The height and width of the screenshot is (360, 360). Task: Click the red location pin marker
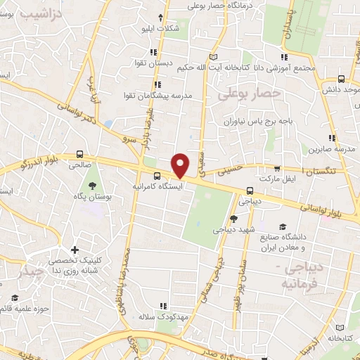(x=181, y=165)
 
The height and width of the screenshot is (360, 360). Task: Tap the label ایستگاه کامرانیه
(x=159, y=188)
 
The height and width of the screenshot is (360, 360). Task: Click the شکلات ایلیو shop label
(x=161, y=29)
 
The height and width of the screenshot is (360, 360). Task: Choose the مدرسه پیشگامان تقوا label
(x=158, y=95)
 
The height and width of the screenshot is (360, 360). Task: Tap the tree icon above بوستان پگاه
(x=92, y=186)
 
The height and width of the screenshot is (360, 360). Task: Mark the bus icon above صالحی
(x=79, y=154)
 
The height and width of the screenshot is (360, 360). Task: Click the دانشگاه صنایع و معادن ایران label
(x=292, y=242)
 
